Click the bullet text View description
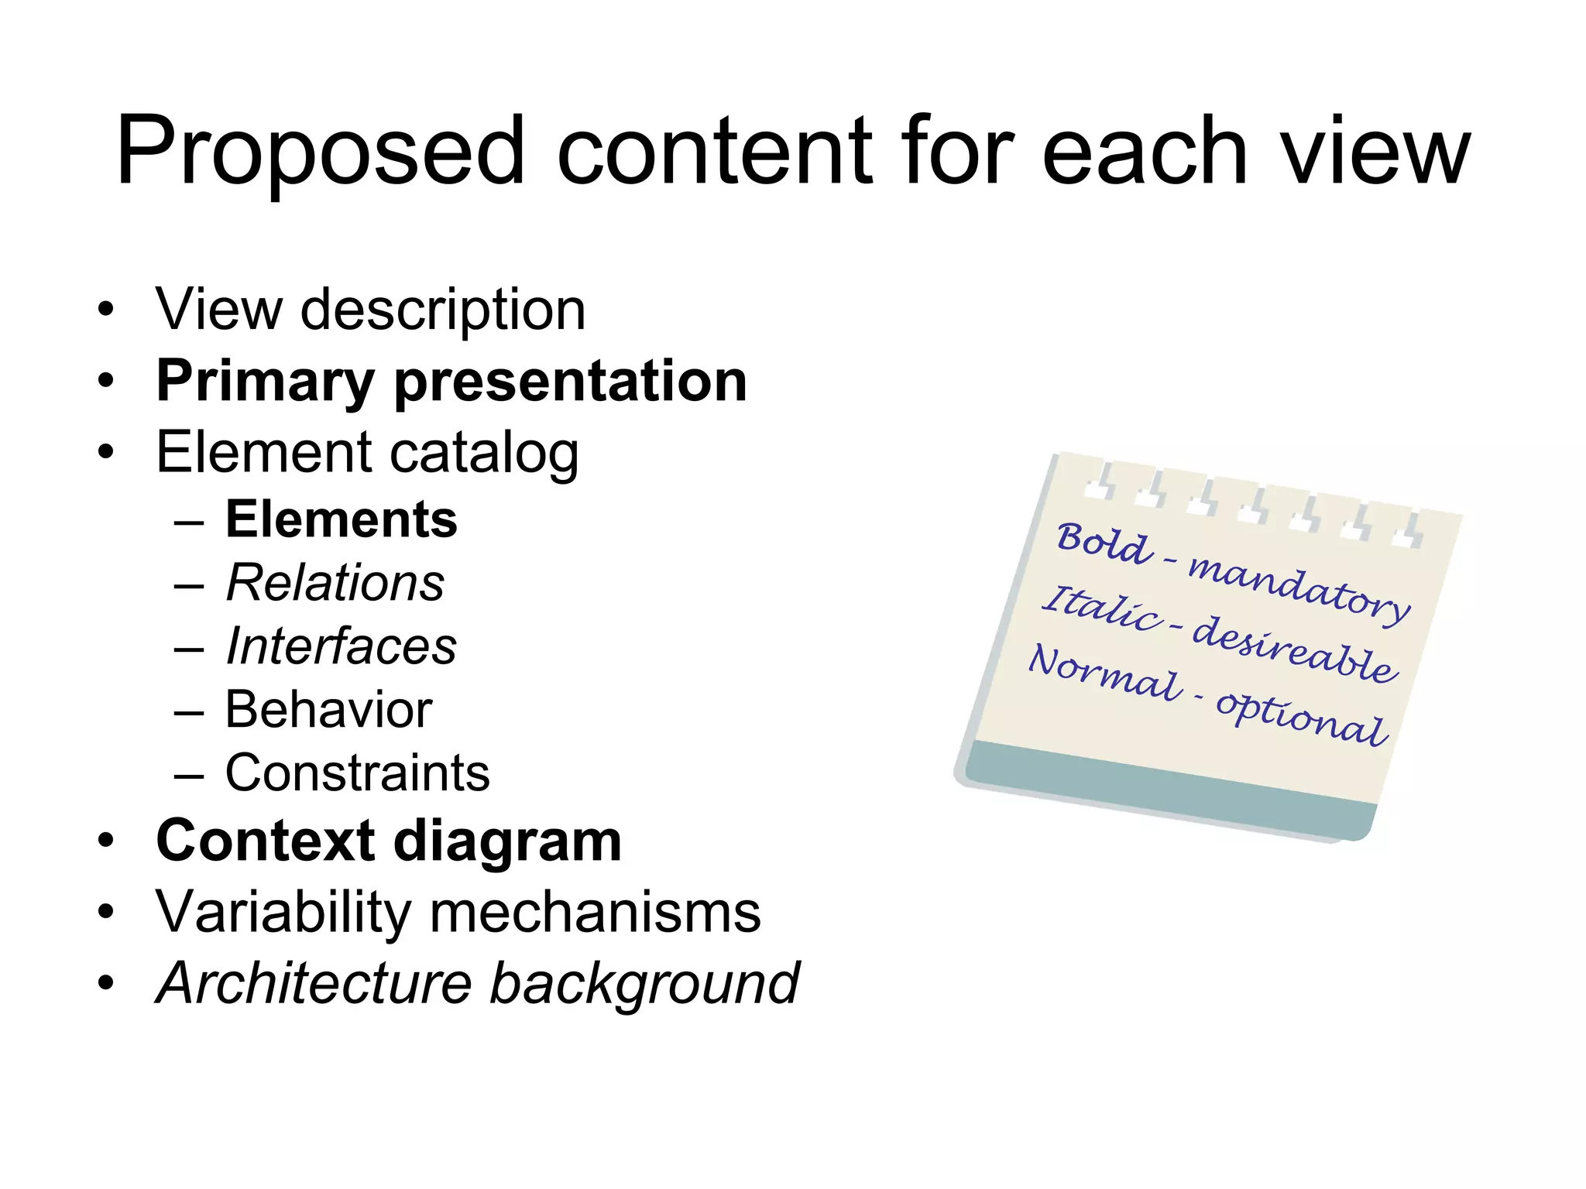[370, 310]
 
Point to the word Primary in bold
[266, 382]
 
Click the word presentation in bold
[571, 382]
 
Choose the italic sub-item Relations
[335, 582]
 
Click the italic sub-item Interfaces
[341, 646]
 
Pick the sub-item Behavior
[328, 709]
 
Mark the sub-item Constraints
[357, 773]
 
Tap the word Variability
[283, 913]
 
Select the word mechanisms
[595, 913]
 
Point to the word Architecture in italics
[314, 984]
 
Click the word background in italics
[644, 984]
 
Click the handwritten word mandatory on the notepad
[1299, 588]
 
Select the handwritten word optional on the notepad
[1300, 717]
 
